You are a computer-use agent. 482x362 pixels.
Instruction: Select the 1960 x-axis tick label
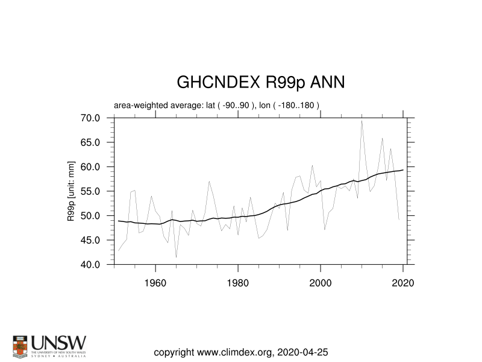click(155, 282)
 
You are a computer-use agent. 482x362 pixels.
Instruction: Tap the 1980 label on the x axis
click(238, 282)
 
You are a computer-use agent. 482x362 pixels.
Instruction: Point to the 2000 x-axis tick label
click(321, 282)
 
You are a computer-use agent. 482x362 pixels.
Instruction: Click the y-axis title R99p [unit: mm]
click(71, 191)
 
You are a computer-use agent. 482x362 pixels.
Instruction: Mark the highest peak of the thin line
click(361, 121)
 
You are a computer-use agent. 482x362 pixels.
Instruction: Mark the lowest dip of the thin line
click(176, 258)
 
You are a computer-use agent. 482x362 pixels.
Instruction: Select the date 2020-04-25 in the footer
click(304, 352)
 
